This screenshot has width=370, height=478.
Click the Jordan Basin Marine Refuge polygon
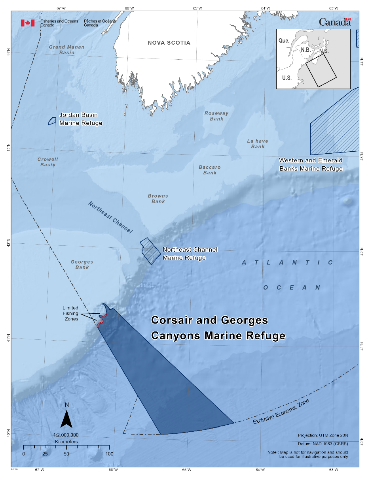click(52, 121)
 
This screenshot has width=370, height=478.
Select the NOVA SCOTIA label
click(169, 43)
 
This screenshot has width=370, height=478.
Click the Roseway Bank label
click(216, 116)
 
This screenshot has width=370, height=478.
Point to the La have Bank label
click(258, 143)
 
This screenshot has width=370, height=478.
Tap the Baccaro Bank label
click(210, 170)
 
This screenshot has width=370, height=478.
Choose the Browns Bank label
click(158, 198)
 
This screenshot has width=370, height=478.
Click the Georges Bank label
click(82, 264)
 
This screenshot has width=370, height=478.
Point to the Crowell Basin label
click(48, 162)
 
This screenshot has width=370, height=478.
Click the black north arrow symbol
click(66, 419)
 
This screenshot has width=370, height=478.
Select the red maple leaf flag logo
click(28, 23)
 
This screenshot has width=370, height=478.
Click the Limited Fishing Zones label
click(70, 313)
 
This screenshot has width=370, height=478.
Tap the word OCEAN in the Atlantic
click(292, 288)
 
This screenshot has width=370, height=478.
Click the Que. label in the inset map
click(284, 41)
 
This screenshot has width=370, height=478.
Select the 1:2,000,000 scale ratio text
click(66, 434)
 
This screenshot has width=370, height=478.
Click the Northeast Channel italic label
click(110, 217)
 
